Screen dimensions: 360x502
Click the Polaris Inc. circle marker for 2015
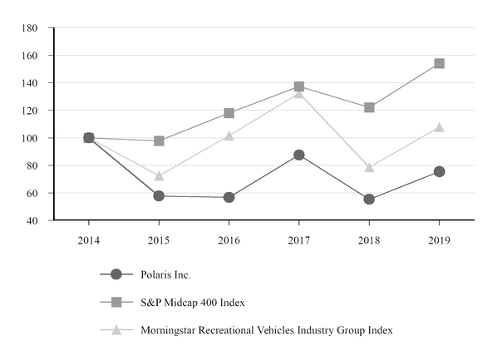coord(159,196)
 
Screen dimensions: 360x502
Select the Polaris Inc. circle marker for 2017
coord(299,155)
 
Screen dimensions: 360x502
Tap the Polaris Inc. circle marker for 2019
coord(439,171)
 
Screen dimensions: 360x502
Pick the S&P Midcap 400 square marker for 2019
coord(439,63)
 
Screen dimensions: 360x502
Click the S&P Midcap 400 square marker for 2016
coord(229,113)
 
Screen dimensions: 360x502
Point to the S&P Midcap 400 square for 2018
coord(369,107)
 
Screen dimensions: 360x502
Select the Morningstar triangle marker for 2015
coord(159,176)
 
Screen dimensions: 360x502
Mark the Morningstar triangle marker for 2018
coord(369,167)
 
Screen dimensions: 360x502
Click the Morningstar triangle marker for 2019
coord(439,127)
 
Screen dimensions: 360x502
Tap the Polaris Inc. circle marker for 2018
coord(369,200)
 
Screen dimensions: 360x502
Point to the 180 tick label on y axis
coord(30,28)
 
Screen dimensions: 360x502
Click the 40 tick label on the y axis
coord(33,220)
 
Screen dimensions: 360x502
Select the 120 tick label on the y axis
coord(30,111)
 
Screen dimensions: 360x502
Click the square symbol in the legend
coord(116,302)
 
